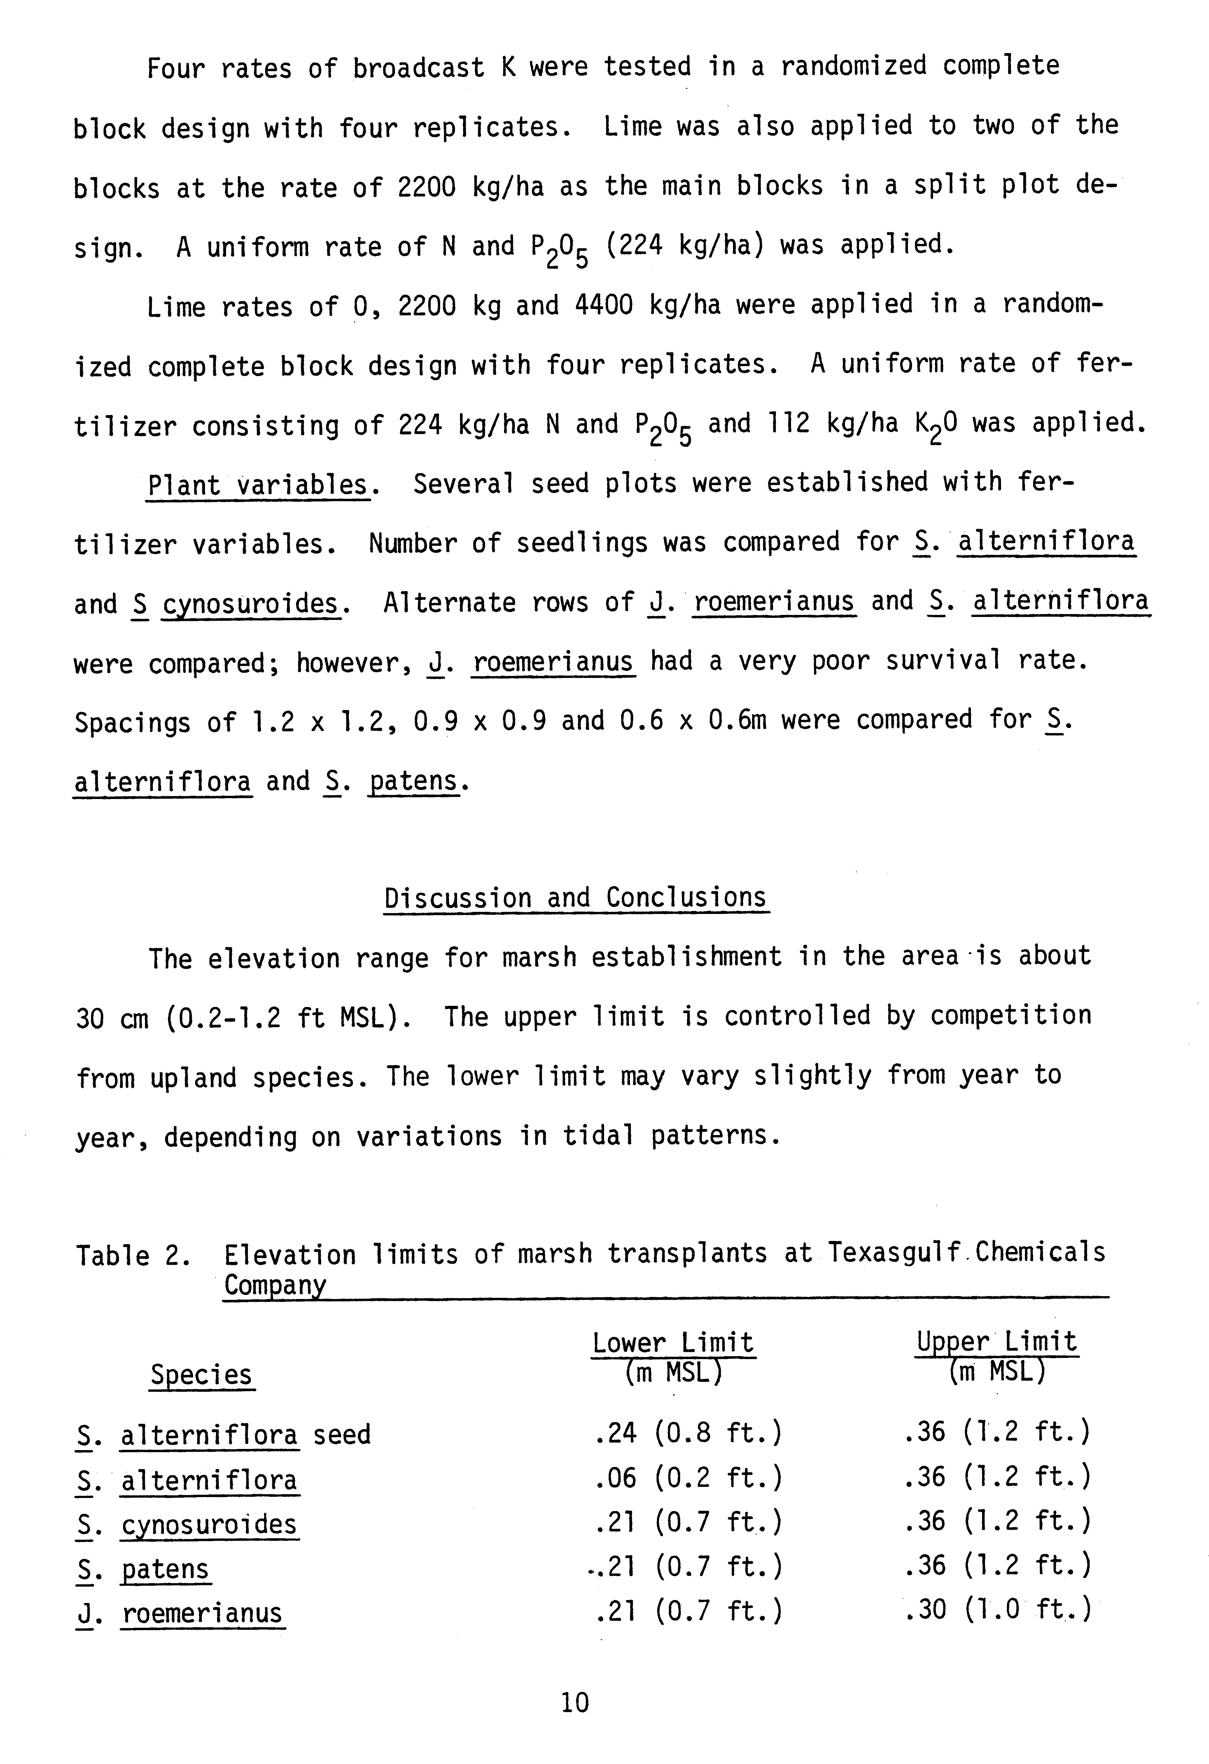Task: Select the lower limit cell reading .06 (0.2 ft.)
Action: [x=688, y=1477]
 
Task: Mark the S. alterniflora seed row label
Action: [x=223, y=1435]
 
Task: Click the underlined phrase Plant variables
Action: [x=258, y=484]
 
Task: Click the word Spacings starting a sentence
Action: [x=132, y=722]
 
